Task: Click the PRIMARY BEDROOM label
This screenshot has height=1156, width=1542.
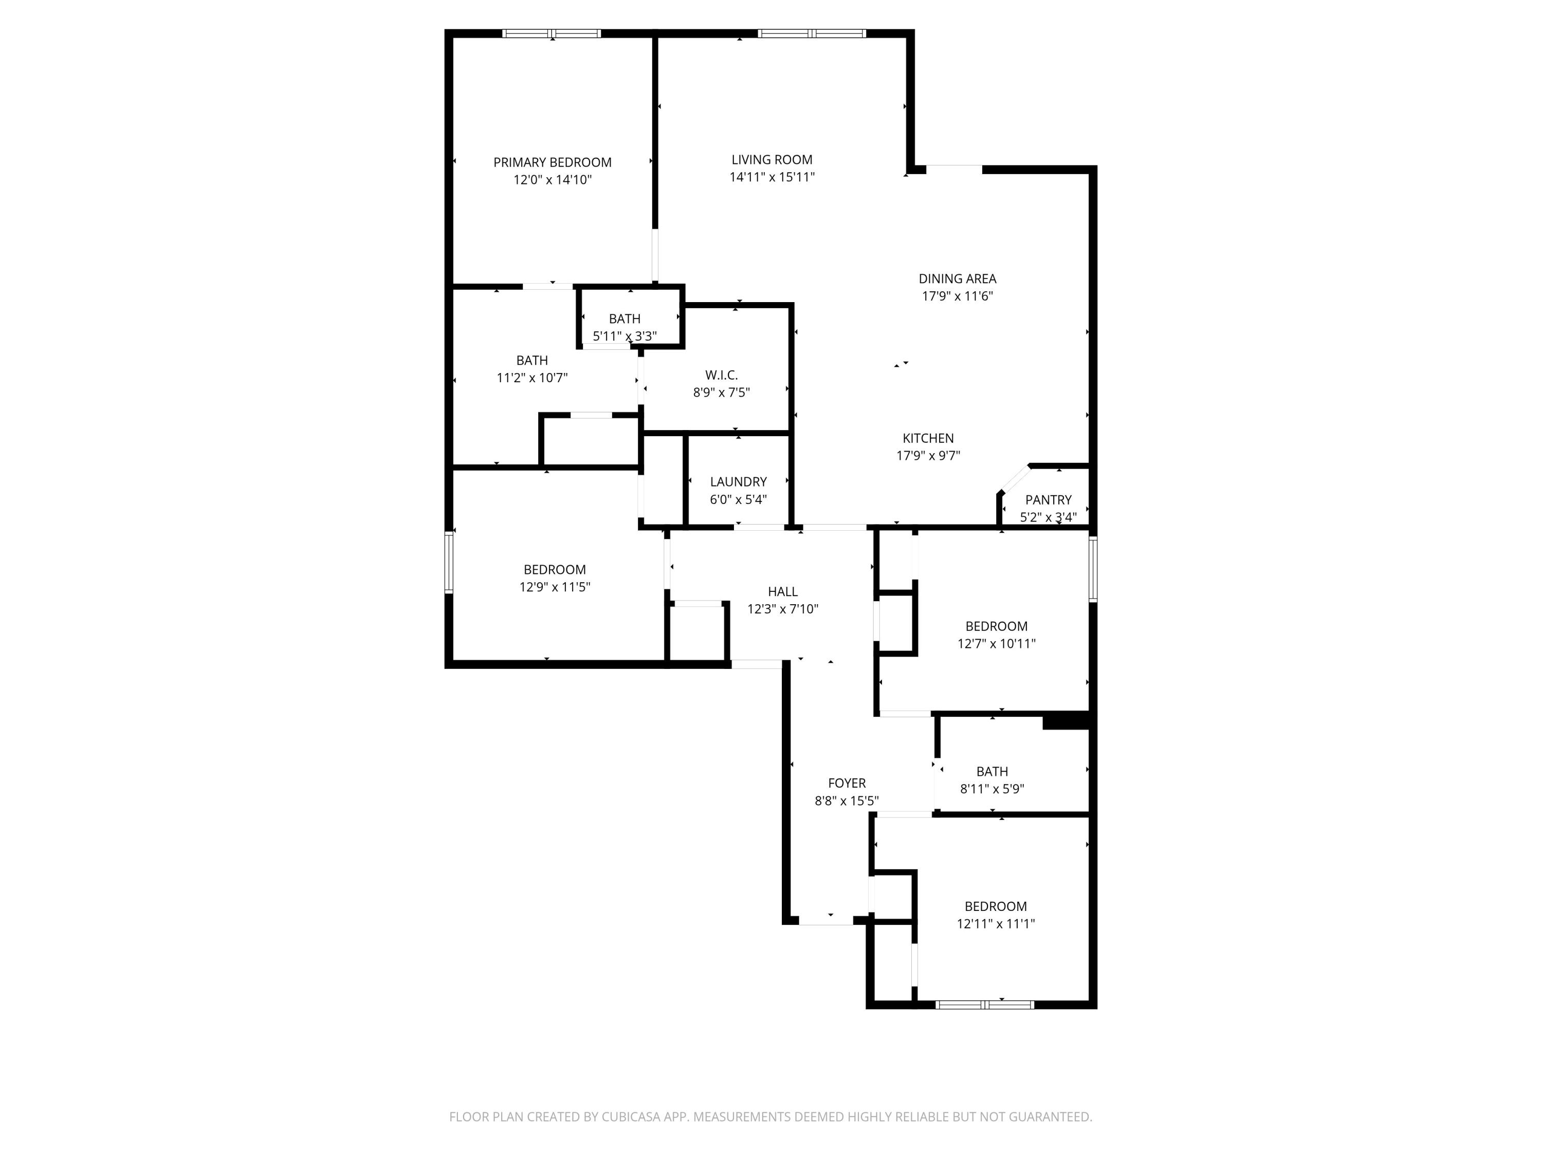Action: point(552,162)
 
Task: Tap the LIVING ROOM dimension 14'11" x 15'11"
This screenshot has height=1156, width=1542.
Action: point(772,177)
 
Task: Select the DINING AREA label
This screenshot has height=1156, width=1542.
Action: point(957,278)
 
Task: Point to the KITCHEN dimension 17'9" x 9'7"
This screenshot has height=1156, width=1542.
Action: point(928,456)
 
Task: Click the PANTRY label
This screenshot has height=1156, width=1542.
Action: point(1048,499)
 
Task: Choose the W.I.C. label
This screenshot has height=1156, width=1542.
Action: point(721,376)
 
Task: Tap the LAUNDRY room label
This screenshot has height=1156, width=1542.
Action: point(738,481)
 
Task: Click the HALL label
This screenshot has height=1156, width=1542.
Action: point(782,591)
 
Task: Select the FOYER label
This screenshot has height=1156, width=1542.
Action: point(846,783)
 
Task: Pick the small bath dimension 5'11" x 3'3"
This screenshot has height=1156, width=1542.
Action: point(625,337)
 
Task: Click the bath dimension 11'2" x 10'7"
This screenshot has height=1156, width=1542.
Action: point(532,378)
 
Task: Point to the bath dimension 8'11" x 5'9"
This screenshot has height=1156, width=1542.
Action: point(992,789)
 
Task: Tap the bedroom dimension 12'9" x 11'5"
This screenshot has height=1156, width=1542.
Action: point(554,587)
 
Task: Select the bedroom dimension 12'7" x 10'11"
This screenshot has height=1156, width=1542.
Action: point(996,644)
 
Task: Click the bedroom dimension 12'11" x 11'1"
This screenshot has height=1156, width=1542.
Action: point(996,924)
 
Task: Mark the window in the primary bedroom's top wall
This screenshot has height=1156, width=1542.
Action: point(552,33)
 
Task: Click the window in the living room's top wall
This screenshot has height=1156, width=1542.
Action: point(812,33)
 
